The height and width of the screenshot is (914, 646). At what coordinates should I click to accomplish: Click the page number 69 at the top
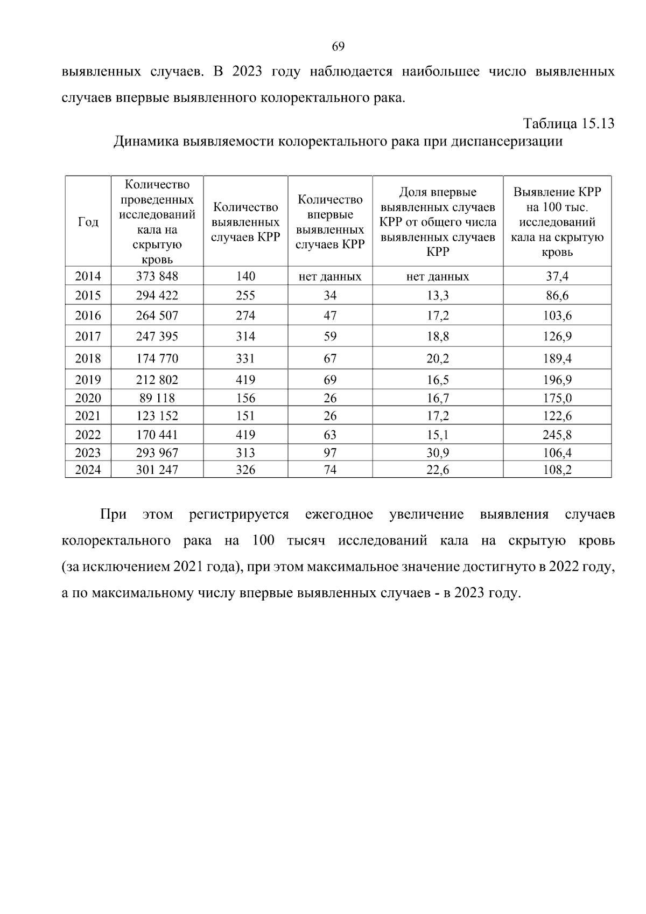(x=338, y=46)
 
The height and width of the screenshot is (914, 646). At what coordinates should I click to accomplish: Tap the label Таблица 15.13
(x=569, y=123)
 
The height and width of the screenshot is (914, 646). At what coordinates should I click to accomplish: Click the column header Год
(x=88, y=222)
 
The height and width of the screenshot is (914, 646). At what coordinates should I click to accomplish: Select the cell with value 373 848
(x=157, y=276)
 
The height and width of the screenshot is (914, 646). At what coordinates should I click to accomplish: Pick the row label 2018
(x=88, y=358)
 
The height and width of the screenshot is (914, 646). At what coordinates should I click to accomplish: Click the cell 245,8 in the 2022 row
(x=557, y=435)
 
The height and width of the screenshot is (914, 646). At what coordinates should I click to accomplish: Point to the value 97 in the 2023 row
(x=330, y=453)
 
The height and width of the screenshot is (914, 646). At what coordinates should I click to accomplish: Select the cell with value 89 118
(x=157, y=398)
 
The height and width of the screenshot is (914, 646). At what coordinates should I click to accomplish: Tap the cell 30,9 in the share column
(x=438, y=453)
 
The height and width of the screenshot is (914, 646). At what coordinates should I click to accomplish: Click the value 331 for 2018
(x=245, y=358)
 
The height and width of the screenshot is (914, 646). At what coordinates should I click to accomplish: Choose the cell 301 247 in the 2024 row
(x=157, y=470)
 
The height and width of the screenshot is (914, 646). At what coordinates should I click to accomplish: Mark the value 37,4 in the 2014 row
(x=557, y=276)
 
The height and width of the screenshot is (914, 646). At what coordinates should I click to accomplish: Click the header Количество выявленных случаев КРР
(x=245, y=222)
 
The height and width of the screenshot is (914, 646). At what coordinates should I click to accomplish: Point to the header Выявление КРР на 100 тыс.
(x=557, y=222)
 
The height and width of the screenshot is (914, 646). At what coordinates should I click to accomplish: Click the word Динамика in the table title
(x=146, y=142)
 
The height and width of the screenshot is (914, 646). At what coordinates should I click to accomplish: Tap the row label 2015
(x=88, y=295)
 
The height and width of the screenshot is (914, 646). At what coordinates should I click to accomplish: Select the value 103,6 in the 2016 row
(x=557, y=316)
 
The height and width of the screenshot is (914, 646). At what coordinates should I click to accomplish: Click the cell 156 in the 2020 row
(x=245, y=398)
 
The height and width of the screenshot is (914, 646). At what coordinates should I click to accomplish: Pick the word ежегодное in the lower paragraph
(x=339, y=514)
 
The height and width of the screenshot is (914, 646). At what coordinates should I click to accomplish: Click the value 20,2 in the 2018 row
(x=438, y=358)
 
